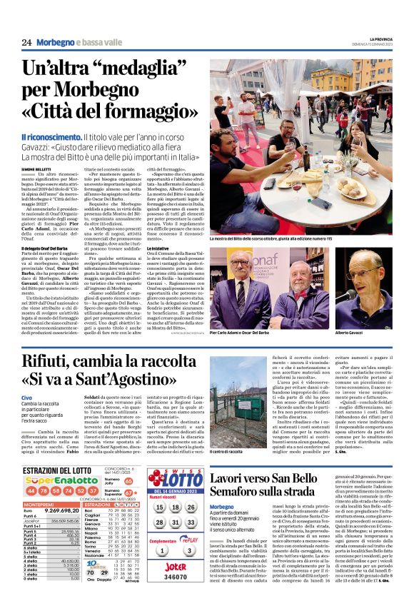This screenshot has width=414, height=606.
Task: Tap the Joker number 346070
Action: (x=176, y=577)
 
